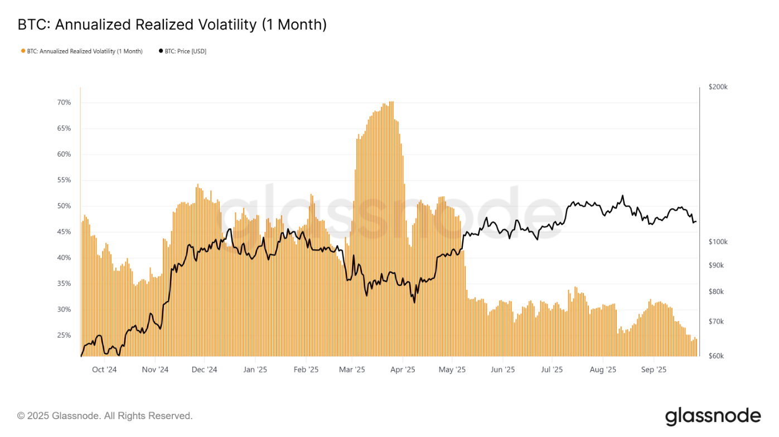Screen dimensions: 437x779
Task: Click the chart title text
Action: click(x=172, y=25)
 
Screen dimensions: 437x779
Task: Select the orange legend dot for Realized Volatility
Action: click(x=23, y=51)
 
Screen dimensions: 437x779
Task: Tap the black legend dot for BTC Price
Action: click(x=161, y=51)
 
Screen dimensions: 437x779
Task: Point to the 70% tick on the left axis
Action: click(x=64, y=103)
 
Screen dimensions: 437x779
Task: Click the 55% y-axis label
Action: click(x=64, y=180)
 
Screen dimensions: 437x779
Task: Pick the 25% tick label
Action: click(x=64, y=335)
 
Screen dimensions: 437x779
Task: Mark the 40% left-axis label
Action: click(x=64, y=258)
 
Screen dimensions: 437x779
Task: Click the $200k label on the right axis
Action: click(x=718, y=88)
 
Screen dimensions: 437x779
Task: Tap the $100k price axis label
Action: click(x=718, y=242)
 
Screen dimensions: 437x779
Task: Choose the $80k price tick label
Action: click(x=716, y=292)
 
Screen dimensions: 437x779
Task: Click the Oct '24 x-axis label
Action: click(x=104, y=370)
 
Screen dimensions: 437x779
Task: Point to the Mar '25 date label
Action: click(x=352, y=370)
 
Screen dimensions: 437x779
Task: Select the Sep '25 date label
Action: click(x=654, y=370)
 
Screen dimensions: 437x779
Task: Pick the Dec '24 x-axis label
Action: click(x=204, y=370)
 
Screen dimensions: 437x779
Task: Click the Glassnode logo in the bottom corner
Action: click(x=713, y=416)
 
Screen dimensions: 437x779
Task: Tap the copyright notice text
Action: click(x=105, y=416)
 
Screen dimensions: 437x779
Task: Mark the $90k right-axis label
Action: click(x=716, y=265)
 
